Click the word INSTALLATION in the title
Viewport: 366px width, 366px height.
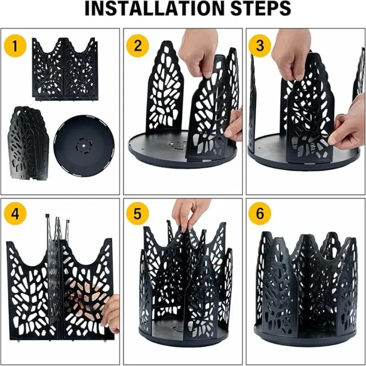coord(156,9)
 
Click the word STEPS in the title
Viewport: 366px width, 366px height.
coord(261,9)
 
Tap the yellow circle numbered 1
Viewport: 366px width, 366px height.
coord(15,46)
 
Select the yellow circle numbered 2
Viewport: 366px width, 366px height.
coord(138,46)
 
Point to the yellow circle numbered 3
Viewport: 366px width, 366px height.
coord(260,46)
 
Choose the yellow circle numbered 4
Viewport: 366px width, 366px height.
coord(15,214)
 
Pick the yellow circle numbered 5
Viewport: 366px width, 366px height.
coord(138,214)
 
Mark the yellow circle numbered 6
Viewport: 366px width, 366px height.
coord(260,214)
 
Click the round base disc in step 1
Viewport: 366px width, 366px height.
coord(84,145)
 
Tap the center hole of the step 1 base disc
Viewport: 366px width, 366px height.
coord(84,145)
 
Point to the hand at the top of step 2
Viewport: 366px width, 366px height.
coord(199,51)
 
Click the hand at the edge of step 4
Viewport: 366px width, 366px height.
coord(111,313)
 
